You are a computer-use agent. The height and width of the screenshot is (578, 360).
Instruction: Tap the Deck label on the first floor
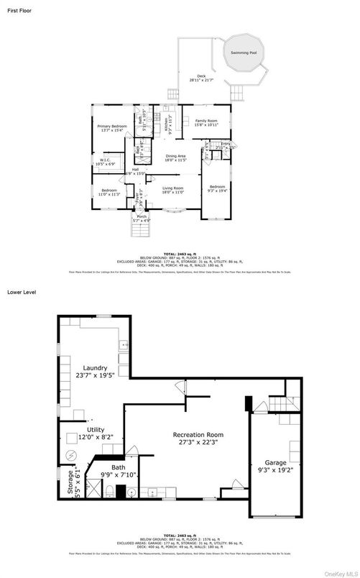pyautogui.click(x=201, y=78)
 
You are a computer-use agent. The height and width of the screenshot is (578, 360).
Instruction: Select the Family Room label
pyautogui.click(x=206, y=122)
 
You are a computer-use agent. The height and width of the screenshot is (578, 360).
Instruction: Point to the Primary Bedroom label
pyautogui.click(x=112, y=128)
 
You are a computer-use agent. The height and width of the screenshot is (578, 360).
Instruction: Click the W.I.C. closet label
pyautogui.click(x=106, y=162)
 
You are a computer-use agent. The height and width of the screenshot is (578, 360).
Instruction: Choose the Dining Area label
pyautogui.click(x=176, y=157)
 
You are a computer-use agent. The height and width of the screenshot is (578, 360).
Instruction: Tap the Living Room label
pyautogui.click(x=173, y=189)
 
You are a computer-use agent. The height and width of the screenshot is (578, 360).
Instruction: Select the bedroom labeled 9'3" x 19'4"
pyautogui.click(x=217, y=189)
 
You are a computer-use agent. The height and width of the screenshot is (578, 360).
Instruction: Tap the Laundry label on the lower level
pyautogui.click(x=95, y=370)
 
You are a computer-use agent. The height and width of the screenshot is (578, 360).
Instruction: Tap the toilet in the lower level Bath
pyautogui.click(x=106, y=492)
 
